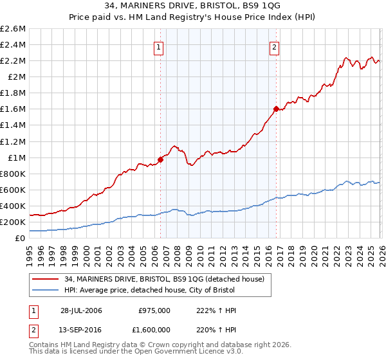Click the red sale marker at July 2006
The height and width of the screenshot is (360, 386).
click(160, 160)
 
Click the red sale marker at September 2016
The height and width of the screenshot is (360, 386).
click(276, 109)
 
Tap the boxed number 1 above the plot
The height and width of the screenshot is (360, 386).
click(158, 46)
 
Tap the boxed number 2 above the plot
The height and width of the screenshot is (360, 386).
click(275, 46)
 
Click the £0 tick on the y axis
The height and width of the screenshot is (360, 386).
click(21, 239)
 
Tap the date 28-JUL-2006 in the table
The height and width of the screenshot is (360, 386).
click(81, 310)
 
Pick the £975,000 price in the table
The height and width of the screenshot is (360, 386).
click(154, 310)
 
